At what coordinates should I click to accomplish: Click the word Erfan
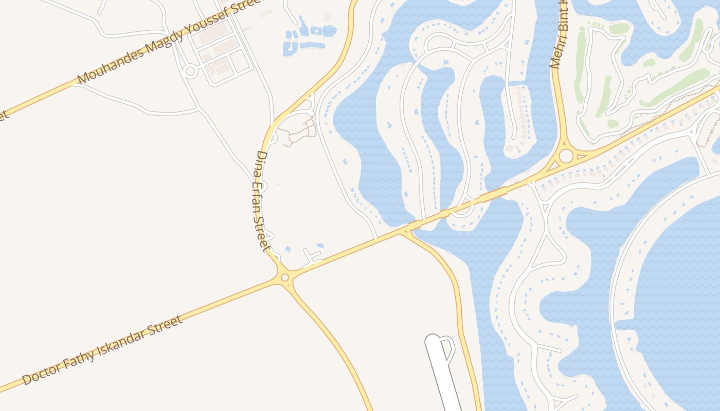pyautogui.click(x=260, y=193)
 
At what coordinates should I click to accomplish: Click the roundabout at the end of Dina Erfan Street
pyautogui.click(x=285, y=277)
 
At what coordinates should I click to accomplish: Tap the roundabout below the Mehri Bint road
pyautogui.click(x=566, y=156)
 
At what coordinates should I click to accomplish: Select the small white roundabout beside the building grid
pyautogui.click(x=190, y=71)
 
